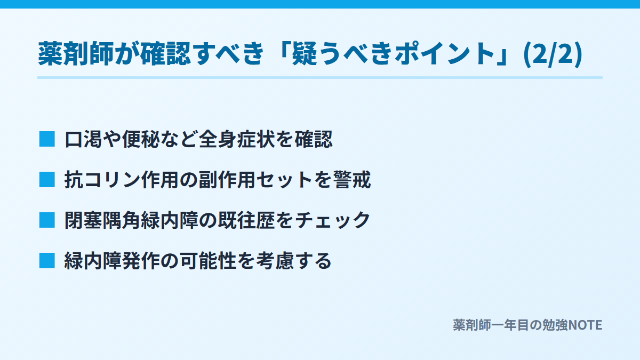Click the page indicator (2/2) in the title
[553, 54]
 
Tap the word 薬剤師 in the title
[76, 54]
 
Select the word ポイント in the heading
[445, 54]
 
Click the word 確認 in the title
[165, 54]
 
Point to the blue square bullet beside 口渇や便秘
[47, 139]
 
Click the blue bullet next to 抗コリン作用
[47, 180]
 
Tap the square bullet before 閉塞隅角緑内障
[47, 220]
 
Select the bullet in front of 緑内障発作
[47, 261]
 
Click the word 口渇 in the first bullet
[83, 139]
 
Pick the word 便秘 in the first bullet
[141, 139]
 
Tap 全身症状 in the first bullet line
[237, 139]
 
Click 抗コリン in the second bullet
[102, 180]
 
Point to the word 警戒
[352, 180]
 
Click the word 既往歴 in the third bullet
[246, 220]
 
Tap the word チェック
[333, 220]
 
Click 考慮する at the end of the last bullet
[294, 261]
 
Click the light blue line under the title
[320, 78]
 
